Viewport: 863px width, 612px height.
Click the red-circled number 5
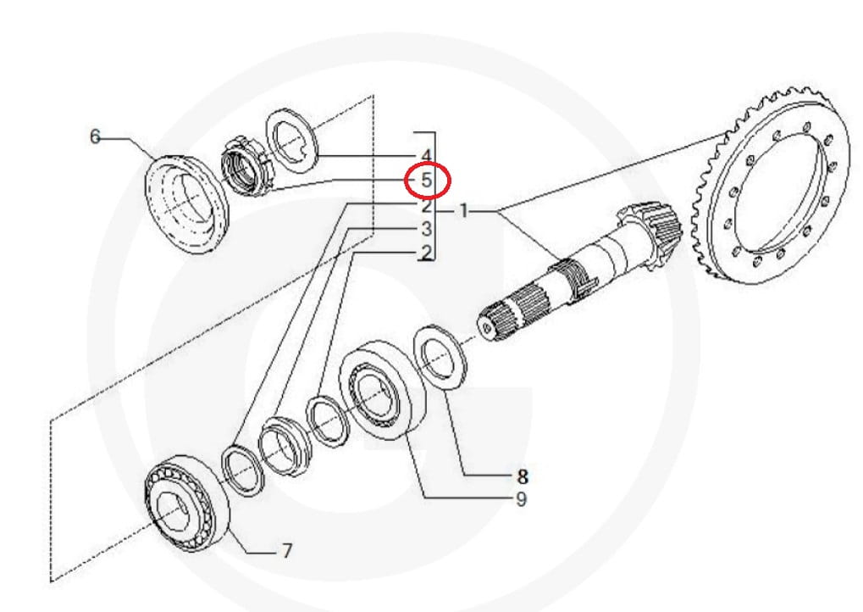427,181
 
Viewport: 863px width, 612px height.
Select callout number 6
95,136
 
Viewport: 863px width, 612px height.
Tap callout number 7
286,550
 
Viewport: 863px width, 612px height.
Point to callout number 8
521,476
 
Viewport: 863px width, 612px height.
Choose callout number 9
521,499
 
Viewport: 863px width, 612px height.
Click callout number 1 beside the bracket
463,210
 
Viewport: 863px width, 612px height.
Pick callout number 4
426,156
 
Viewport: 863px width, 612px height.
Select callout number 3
427,229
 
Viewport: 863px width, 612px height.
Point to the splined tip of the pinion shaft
512,318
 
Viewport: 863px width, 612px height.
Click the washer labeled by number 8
440,358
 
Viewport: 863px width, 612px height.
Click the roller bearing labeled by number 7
186,504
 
